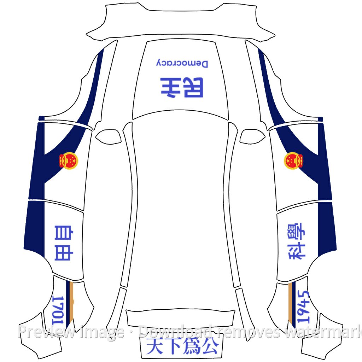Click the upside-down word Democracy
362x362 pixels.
click(x=182, y=63)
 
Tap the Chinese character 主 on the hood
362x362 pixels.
click(x=170, y=88)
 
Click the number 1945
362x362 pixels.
click(x=303, y=306)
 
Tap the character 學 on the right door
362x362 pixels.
click(x=297, y=232)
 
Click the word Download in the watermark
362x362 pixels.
click(x=175, y=332)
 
